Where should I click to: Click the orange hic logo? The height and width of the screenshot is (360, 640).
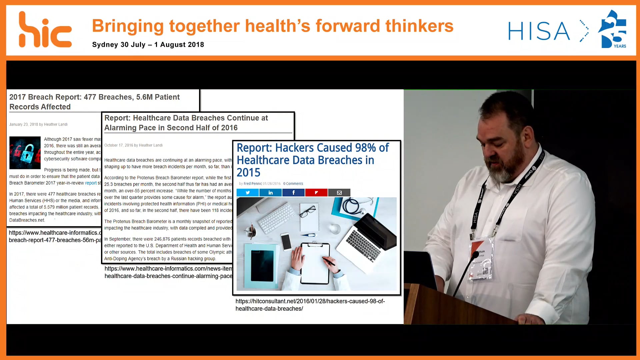tap(45, 30)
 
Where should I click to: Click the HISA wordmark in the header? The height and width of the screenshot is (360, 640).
tap(539, 31)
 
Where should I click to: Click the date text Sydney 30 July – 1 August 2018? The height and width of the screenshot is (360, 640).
tap(148, 45)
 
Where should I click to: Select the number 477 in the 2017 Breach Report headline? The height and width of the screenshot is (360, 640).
tap(90, 97)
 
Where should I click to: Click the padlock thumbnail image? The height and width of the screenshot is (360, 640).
tap(25, 153)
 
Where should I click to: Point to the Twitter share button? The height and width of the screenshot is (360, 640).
tap(248, 193)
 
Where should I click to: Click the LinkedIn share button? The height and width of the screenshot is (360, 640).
tap(271, 193)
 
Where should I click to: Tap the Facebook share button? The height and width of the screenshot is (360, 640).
tap(293, 193)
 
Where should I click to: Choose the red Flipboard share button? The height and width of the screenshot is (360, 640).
tap(316, 193)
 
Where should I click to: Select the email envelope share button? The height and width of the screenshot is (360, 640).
tap(339, 193)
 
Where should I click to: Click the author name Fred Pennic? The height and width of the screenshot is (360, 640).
tap(253, 184)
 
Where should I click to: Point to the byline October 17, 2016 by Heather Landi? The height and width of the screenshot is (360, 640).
tap(133, 145)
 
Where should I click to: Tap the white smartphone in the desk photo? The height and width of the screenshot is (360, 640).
tap(286, 241)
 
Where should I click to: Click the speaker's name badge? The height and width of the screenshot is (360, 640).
tap(482, 258)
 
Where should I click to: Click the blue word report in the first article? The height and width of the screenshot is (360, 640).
tap(91, 183)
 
